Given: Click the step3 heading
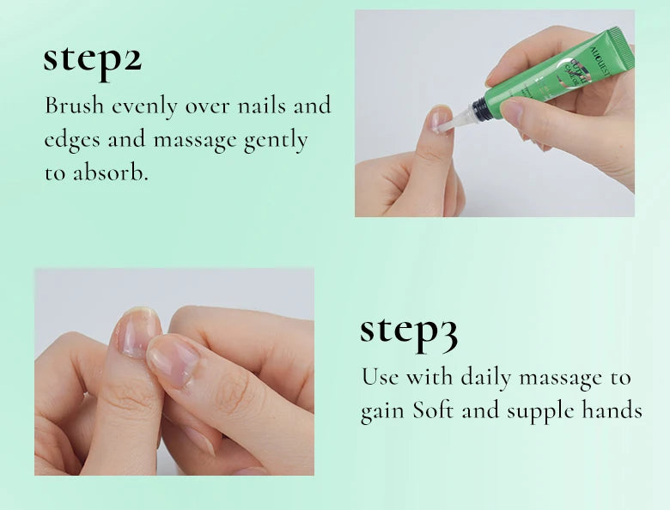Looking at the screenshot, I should click(408, 331).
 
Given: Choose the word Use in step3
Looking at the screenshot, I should click(380, 377).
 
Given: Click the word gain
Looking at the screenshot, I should click(382, 411).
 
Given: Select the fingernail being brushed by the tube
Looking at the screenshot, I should click(439, 119).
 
